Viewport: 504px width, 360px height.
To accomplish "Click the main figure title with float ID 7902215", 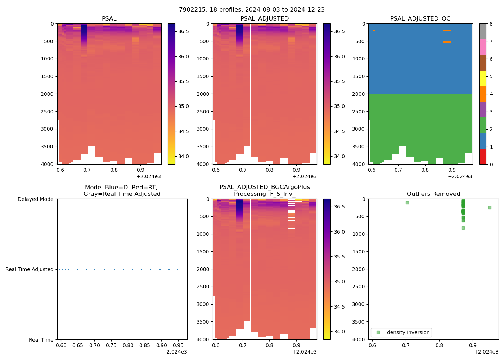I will click(252, 10).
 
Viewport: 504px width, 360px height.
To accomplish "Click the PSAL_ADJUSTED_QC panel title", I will click(420, 19).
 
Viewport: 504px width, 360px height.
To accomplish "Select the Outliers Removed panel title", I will click(433, 194).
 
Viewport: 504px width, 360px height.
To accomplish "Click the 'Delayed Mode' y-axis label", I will click(35, 199).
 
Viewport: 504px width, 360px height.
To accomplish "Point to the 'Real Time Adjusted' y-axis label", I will click(30, 269).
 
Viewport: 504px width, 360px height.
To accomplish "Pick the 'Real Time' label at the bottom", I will click(41, 340).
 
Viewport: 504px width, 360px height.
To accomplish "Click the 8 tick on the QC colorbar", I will click(491, 24).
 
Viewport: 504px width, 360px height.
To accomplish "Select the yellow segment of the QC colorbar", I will click(483, 78).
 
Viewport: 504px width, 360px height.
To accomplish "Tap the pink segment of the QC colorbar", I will click(483, 47).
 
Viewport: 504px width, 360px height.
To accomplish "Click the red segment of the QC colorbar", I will click(483, 157).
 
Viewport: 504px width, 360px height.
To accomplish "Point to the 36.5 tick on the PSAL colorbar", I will click(184, 31).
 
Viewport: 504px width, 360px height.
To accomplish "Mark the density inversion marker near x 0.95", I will click(490, 207).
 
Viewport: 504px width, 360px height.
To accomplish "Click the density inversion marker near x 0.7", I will click(407, 203).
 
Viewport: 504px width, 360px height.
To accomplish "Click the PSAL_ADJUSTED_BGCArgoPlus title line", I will click(265, 187).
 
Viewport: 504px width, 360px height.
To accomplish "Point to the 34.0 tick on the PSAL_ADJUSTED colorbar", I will click(339, 156).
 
